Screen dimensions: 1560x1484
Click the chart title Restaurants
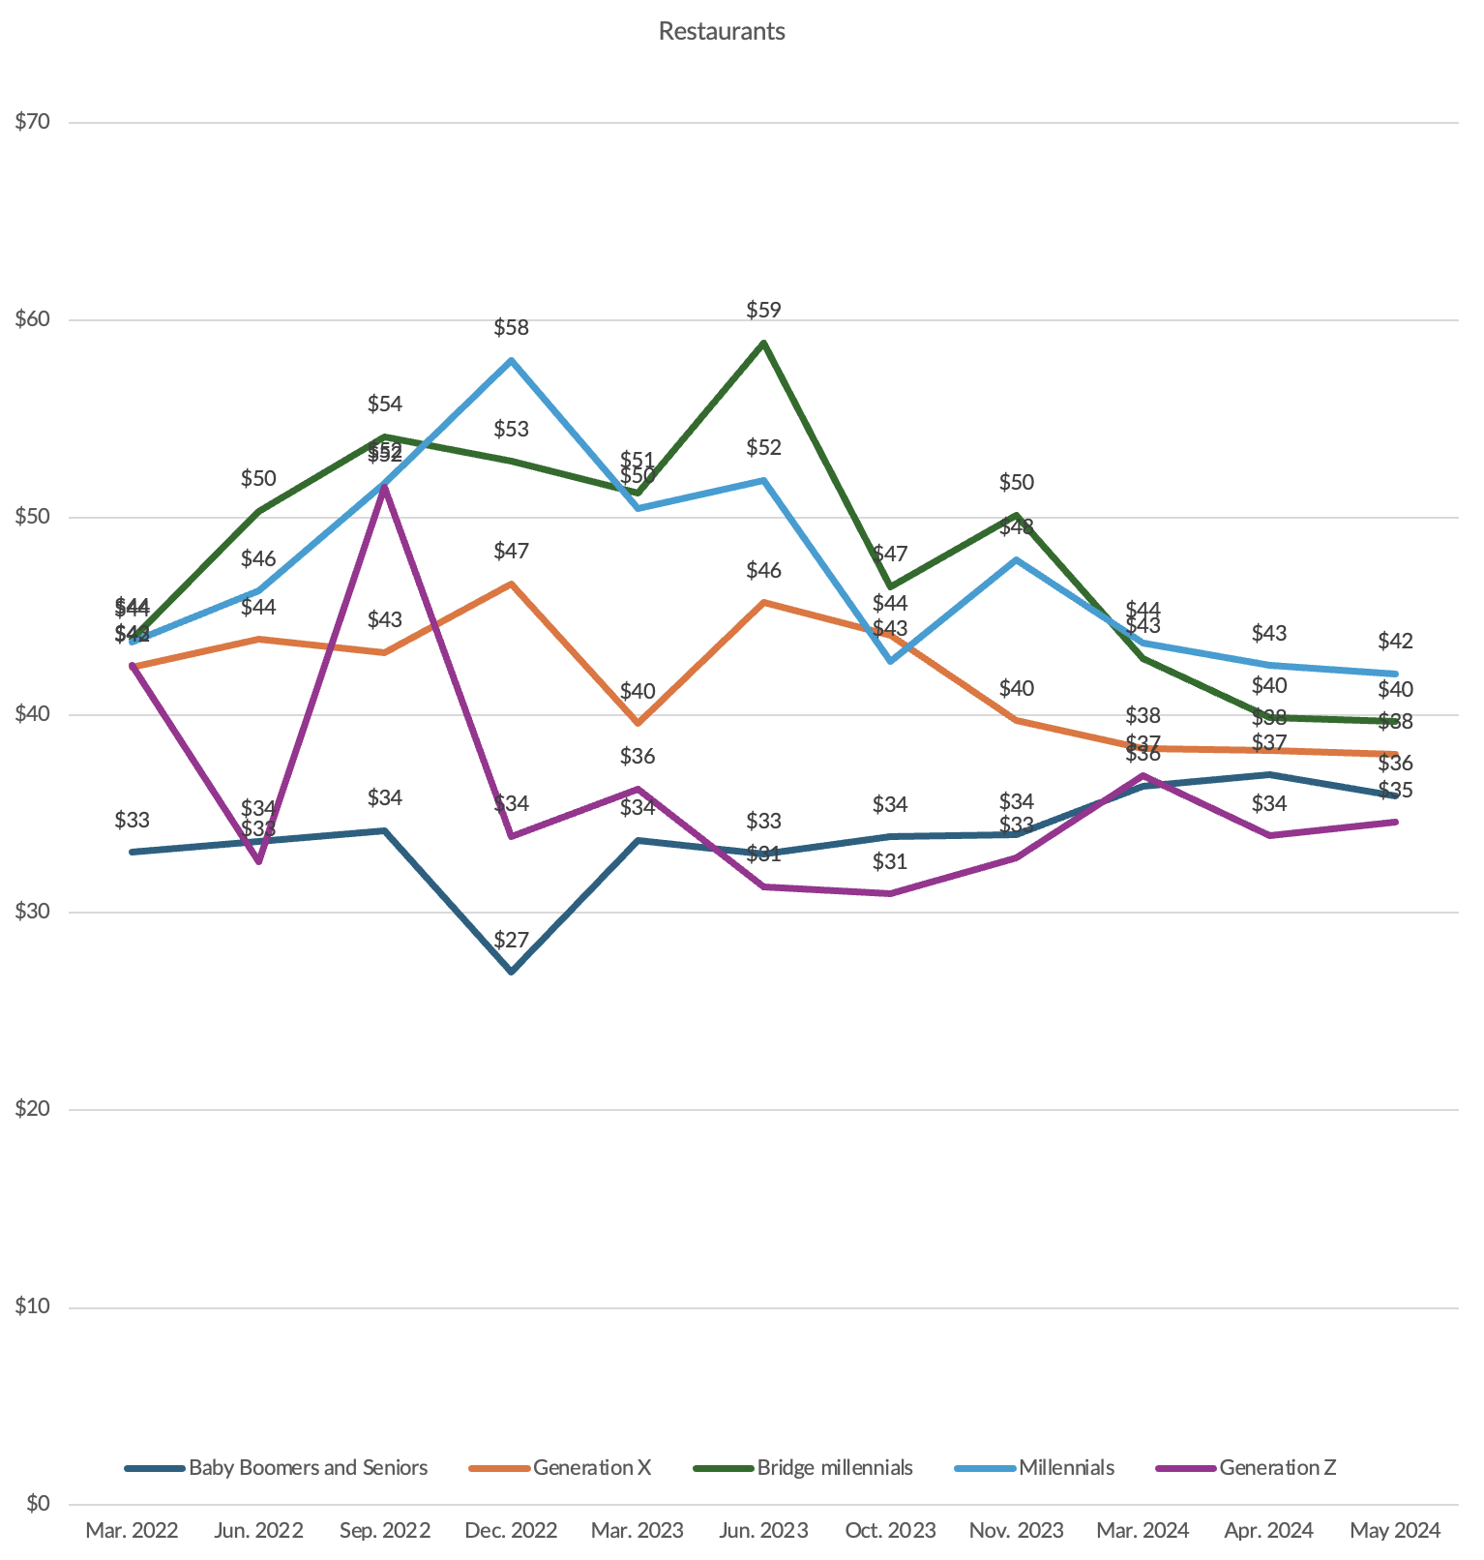tap(722, 31)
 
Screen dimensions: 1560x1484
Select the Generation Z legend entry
tap(1277, 1468)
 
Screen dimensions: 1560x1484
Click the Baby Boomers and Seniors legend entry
tap(308, 1468)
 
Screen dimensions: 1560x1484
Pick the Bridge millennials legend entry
tap(834, 1468)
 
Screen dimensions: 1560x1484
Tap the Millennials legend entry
tap(1066, 1468)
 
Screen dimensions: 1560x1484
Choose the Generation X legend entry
tap(592, 1468)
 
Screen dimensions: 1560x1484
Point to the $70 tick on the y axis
tap(32, 122)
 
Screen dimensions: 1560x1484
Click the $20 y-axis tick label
tap(32, 1109)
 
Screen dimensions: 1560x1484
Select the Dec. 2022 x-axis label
tap(511, 1531)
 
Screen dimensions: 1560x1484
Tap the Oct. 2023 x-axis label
tap(890, 1531)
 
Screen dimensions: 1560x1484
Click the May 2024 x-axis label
tap(1396, 1531)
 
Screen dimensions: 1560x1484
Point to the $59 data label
tap(763, 311)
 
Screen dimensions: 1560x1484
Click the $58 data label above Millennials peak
tap(511, 328)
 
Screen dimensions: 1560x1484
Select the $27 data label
tap(511, 940)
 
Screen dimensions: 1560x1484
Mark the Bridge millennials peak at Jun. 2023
tap(763, 343)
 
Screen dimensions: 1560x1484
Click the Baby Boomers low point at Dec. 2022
tap(511, 971)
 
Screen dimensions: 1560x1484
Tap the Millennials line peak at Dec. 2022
tap(511, 360)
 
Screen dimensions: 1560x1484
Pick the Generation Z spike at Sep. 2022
tap(384, 487)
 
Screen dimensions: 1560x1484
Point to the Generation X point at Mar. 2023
tap(638, 723)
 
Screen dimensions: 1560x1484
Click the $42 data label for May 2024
tap(1396, 641)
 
